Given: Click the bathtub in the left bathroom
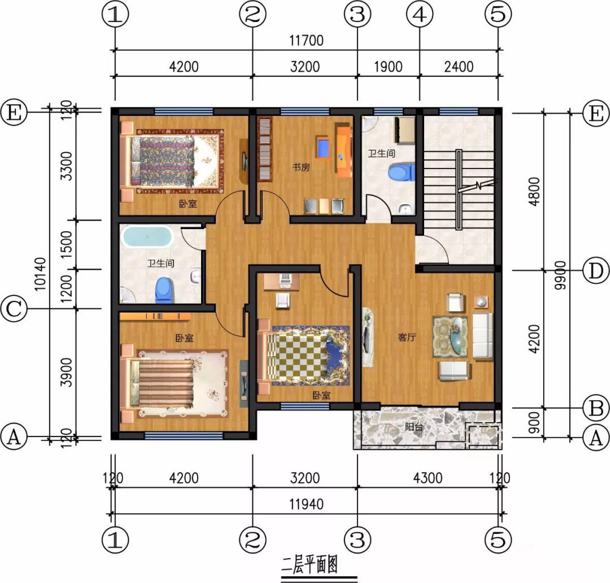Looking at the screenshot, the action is [x=147, y=236].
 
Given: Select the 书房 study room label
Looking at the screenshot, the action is [x=301, y=167].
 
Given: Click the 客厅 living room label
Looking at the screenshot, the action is [x=407, y=337].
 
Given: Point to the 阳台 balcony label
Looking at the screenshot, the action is [x=415, y=426].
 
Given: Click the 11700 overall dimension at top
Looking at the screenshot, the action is [x=306, y=41].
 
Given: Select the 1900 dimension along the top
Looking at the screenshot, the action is [x=388, y=67].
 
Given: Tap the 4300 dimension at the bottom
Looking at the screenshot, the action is [x=428, y=478].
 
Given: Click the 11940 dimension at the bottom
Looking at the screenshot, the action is [x=306, y=504].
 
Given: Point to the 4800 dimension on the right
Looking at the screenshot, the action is [x=535, y=191].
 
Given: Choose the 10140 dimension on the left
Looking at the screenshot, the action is [x=40, y=274].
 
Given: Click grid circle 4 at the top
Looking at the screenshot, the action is [x=419, y=15].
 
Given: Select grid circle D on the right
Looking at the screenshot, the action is [x=596, y=271].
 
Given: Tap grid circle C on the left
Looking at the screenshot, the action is [x=14, y=309].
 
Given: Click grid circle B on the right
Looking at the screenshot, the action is [x=596, y=408].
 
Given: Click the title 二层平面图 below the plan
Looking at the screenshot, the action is [x=310, y=564].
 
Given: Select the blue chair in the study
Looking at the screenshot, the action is [x=324, y=148].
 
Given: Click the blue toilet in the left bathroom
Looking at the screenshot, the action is [x=163, y=290].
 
